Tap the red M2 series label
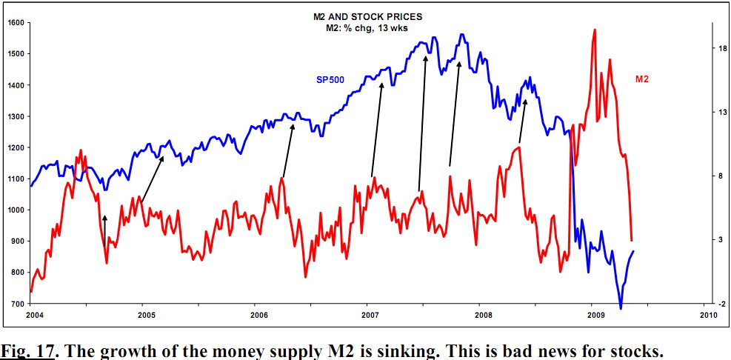click(641, 79)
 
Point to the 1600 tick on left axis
click(16, 23)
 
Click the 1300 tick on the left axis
click(16, 116)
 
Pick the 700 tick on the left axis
click(16, 304)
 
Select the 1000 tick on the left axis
click(16, 210)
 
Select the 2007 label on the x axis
click(367, 316)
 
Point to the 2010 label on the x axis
click(707, 316)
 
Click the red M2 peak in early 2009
click(595, 30)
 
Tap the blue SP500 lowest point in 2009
click(621, 308)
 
